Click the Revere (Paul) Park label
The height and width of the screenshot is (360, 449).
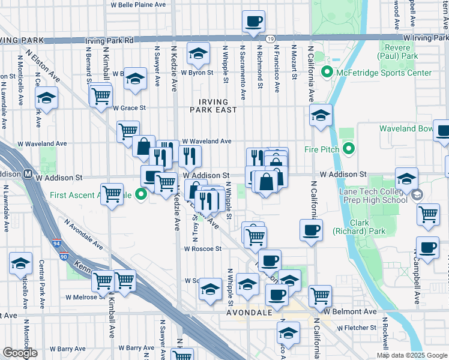397,52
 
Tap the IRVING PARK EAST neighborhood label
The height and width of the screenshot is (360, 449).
215,106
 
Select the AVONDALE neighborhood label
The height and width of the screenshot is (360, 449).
250,313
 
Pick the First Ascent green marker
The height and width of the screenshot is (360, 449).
142,194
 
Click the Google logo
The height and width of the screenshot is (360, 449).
20,353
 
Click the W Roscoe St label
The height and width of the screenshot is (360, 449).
203,248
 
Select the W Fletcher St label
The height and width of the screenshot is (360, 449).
357,328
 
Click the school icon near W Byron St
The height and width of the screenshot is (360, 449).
197,54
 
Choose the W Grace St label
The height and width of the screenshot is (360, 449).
130,108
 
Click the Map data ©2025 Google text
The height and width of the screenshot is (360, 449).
411,355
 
